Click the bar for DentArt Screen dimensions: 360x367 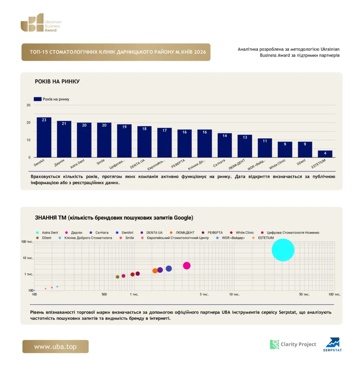(x=44, y=137)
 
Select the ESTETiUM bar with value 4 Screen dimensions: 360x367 (x=325, y=154)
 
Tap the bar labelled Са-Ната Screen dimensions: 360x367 (x=224, y=145)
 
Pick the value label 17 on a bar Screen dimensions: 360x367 (x=165, y=130)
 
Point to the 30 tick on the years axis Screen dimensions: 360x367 (x=28, y=105)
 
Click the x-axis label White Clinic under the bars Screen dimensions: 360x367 (x=277, y=164)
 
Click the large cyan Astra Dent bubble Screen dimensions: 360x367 (x=283, y=250)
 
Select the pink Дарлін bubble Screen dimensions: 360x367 (x=187, y=266)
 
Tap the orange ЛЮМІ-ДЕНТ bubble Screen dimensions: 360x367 (x=155, y=271)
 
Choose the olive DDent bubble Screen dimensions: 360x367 (x=118, y=277)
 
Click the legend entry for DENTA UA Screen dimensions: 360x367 (x=152, y=232)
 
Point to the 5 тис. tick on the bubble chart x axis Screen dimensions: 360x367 (x=204, y=294)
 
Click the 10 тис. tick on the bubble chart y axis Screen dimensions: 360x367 (x=28, y=258)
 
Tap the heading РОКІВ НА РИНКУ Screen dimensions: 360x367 (x=57, y=81)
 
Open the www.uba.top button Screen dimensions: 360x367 (x=56, y=347)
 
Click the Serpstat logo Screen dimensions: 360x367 (x=333, y=344)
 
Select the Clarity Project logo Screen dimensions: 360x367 (x=293, y=344)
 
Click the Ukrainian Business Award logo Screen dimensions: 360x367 (x=41, y=23)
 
